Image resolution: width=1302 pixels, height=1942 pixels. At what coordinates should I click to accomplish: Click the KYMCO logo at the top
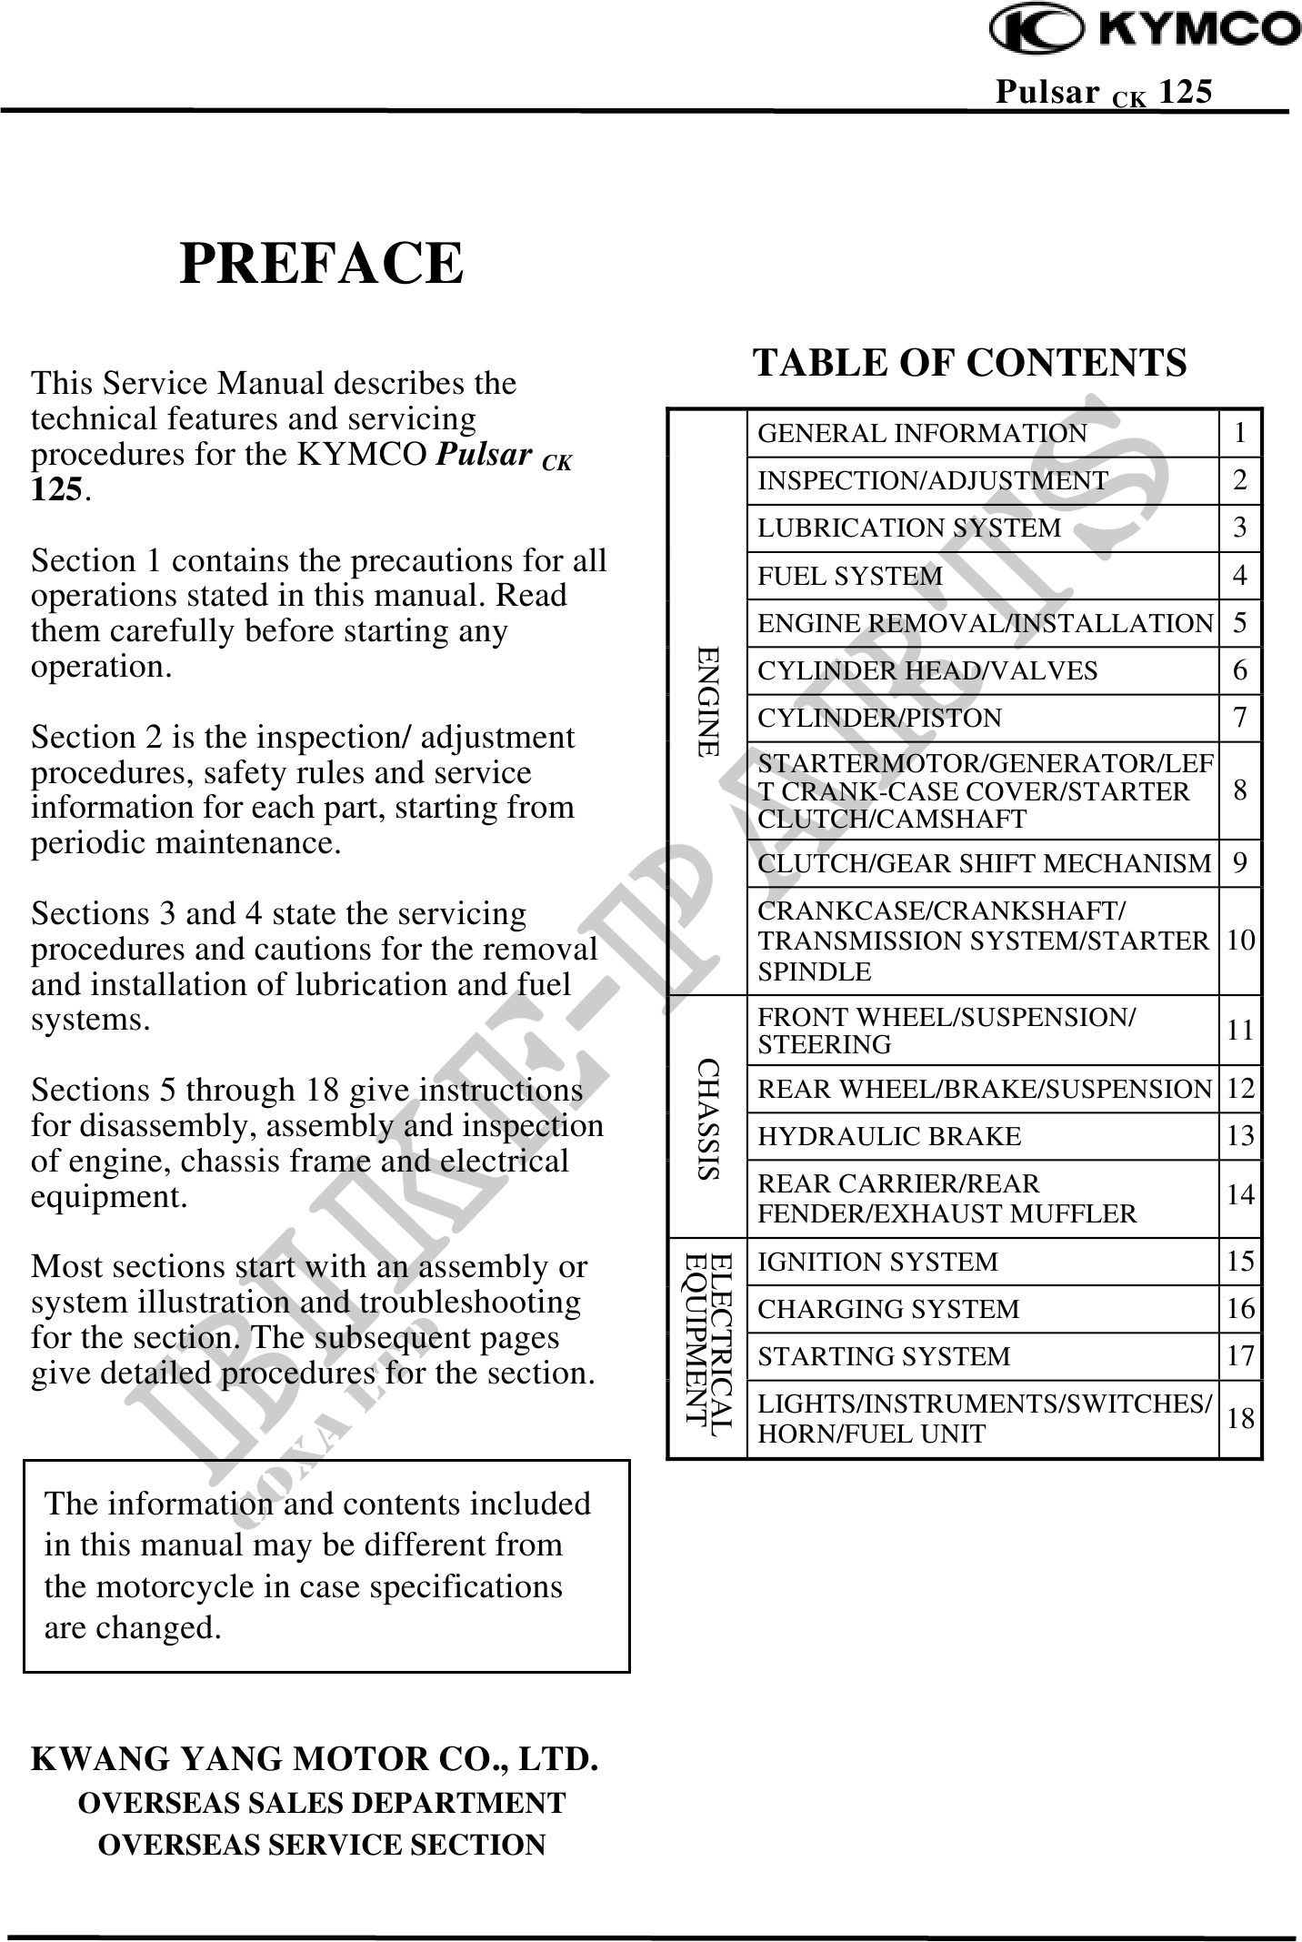pyautogui.click(x=1145, y=30)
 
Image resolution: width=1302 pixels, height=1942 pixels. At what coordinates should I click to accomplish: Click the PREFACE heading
pyautogui.click(x=322, y=264)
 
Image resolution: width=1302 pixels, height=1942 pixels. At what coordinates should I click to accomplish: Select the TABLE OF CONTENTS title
pyautogui.click(x=970, y=362)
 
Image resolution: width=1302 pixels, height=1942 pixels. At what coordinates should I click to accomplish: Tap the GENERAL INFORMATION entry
pyautogui.click(x=922, y=434)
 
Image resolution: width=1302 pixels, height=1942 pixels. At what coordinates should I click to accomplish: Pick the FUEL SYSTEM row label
pyautogui.click(x=850, y=576)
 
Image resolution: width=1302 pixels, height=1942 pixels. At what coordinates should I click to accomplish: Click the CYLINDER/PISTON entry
pyautogui.click(x=879, y=719)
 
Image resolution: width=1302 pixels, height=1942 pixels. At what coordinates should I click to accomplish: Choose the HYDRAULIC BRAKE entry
pyautogui.click(x=889, y=1137)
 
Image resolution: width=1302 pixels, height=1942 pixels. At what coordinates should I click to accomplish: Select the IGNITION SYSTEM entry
pyautogui.click(x=877, y=1263)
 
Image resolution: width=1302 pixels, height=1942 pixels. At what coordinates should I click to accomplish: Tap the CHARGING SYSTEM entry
pyautogui.click(x=888, y=1310)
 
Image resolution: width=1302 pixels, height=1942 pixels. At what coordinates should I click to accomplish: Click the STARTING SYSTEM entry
pyautogui.click(x=884, y=1357)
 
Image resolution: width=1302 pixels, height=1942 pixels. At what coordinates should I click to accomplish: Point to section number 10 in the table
pyautogui.click(x=1240, y=941)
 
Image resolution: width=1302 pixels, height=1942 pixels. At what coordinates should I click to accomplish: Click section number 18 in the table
pyautogui.click(x=1240, y=1419)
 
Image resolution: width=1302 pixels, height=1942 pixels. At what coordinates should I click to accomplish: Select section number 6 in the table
pyautogui.click(x=1240, y=671)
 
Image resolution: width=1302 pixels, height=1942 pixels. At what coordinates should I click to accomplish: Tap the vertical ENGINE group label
pyautogui.click(x=707, y=701)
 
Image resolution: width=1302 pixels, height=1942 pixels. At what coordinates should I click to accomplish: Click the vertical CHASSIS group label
pyautogui.click(x=707, y=1118)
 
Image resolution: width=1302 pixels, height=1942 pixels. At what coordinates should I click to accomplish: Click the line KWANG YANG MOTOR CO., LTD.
pyautogui.click(x=315, y=1759)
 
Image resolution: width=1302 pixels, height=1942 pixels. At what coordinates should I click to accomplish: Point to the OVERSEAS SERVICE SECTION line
pyautogui.click(x=322, y=1845)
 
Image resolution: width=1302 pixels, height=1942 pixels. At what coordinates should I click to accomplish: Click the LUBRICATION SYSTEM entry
pyautogui.click(x=909, y=528)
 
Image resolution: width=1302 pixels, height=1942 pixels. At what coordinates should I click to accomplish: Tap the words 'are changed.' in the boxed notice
pyautogui.click(x=133, y=1627)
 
